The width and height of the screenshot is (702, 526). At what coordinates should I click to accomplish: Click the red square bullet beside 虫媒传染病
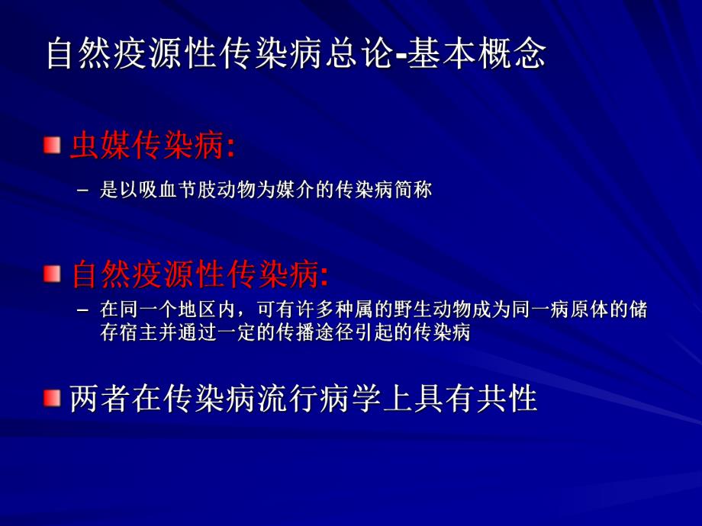[x=51, y=144]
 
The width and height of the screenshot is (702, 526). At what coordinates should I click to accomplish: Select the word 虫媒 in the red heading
[x=101, y=146]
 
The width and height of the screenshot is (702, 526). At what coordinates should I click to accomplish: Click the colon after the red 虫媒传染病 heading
[x=230, y=148]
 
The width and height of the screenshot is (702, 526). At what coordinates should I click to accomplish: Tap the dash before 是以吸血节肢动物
[x=84, y=190]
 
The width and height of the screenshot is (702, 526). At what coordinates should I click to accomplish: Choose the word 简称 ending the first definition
[x=416, y=190]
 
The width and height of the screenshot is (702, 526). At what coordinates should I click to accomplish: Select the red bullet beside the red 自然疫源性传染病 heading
[x=51, y=273]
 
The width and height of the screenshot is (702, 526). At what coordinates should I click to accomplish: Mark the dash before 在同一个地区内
[x=84, y=311]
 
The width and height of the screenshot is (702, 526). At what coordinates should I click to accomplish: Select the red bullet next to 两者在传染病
[x=51, y=397]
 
